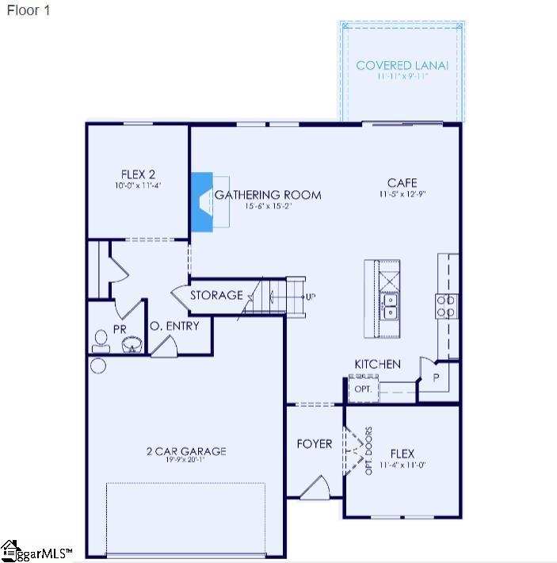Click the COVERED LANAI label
402,65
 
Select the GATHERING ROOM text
268,194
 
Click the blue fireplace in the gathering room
203,202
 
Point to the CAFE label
402,182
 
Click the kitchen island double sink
389,306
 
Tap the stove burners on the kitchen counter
446,306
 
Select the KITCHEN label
377,364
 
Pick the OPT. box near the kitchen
363,389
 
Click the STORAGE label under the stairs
216,295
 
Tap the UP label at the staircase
310,297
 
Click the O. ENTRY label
174,326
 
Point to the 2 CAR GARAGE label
186,451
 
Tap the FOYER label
315,443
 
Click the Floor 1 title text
29,12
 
